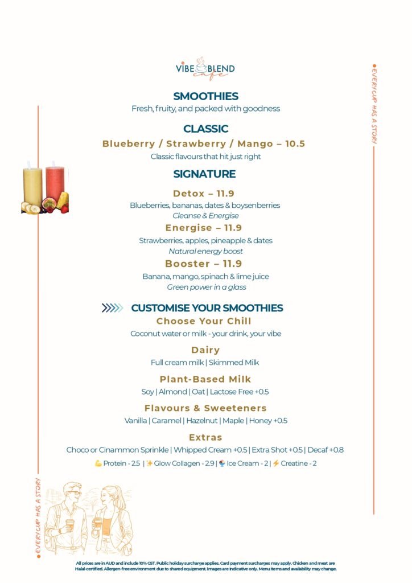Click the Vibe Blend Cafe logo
(205, 69)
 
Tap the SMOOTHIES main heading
(205, 96)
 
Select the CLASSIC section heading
(205, 129)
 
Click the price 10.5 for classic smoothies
(295, 143)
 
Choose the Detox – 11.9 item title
(204, 194)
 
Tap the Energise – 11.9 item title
(204, 228)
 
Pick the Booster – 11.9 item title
(204, 264)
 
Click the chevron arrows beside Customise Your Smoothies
(112, 308)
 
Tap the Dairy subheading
(205, 350)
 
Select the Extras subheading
(205, 438)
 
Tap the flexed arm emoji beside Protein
(98, 463)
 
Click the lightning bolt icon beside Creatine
(276, 463)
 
